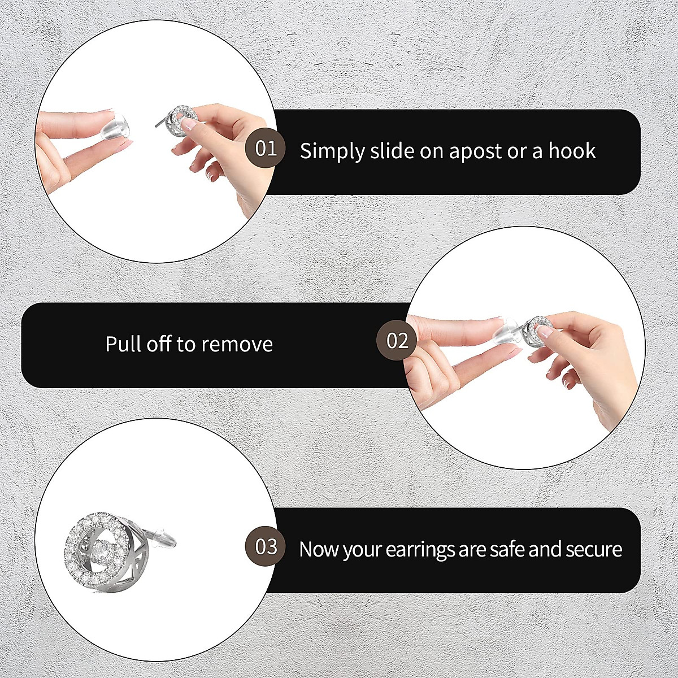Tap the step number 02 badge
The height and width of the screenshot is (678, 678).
397,340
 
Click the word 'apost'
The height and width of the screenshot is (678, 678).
475,151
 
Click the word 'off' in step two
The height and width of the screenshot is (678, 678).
159,344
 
